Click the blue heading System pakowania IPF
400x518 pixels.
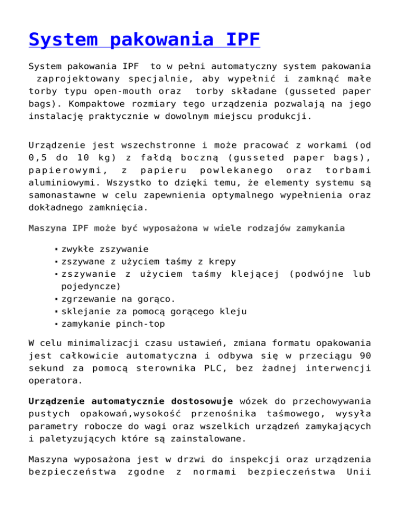[x=144, y=40]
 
